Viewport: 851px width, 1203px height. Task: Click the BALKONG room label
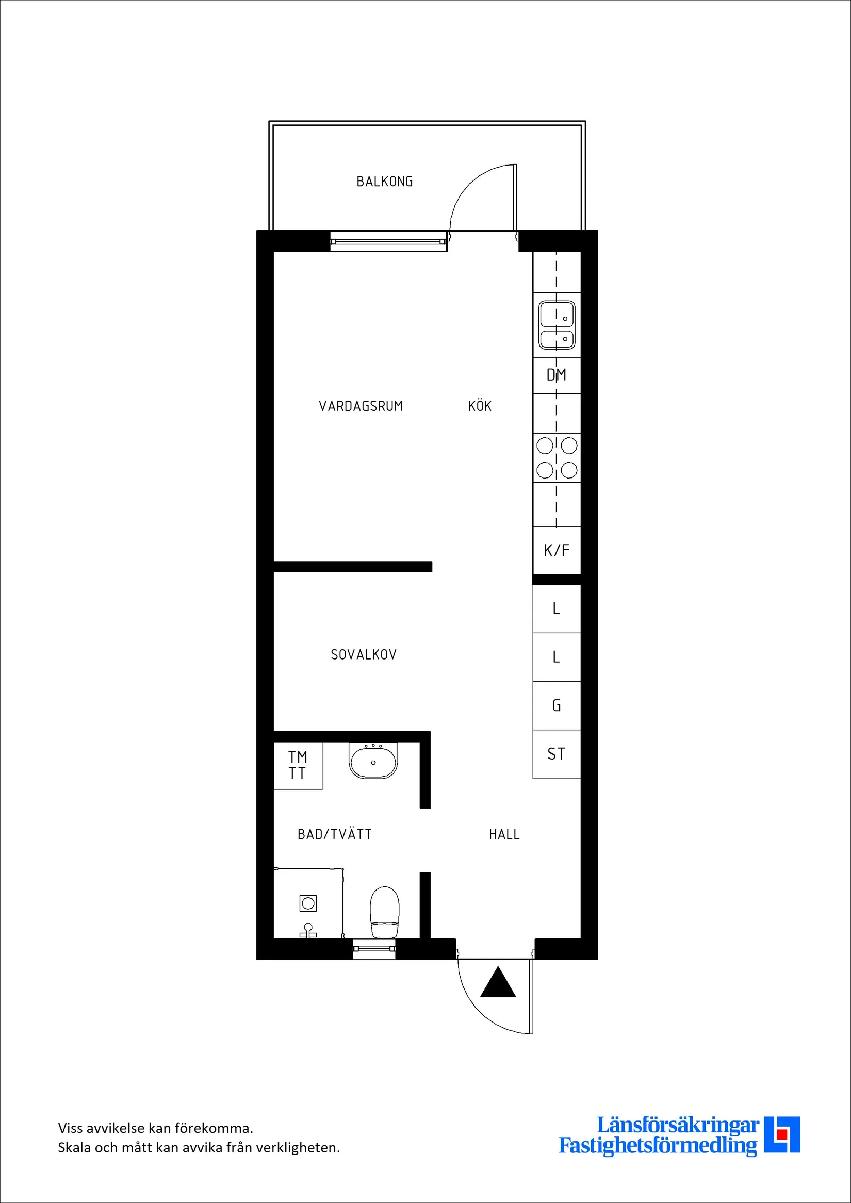[385, 182]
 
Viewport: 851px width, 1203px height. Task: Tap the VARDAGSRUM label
[361, 406]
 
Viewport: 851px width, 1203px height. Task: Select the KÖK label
[480, 406]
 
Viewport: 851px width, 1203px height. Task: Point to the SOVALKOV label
[364, 654]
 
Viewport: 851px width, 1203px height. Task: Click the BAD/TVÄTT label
[334, 834]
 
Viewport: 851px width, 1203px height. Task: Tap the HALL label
[504, 834]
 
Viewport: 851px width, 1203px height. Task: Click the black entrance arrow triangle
[498, 982]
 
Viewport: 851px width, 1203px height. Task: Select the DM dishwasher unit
[557, 375]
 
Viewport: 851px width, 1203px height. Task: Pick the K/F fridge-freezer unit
[557, 550]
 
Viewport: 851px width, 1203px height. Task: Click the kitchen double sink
[557, 325]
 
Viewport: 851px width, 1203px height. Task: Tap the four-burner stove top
[557, 458]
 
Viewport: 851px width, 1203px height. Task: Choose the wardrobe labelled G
[557, 706]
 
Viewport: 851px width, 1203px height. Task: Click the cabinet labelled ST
[557, 754]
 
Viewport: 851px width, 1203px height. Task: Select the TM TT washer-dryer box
[298, 766]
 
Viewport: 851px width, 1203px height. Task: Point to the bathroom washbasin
[373, 761]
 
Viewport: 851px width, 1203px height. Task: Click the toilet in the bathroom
[385, 912]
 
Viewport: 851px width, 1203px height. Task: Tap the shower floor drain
[308, 903]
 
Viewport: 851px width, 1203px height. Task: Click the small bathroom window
[373, 948]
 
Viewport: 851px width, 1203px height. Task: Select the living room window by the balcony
[388, 241]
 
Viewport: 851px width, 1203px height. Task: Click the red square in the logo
[782, 1148]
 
